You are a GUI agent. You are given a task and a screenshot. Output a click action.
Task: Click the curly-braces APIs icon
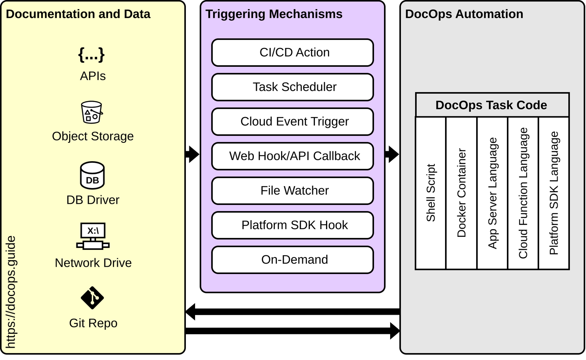click(91, 55)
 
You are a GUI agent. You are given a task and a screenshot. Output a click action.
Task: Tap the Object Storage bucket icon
click(92, 112)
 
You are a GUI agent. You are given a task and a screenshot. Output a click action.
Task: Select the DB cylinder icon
click(92, 176)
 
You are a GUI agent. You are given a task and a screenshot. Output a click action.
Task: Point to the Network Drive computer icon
click(93, 236)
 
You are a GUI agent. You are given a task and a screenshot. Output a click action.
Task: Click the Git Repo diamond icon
click(92, 297)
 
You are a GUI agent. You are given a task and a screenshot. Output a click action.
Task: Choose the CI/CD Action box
click(293, 53)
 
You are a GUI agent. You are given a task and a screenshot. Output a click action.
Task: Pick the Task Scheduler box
click(293, 87)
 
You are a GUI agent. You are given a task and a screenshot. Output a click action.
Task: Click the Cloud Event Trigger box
click(293, 122)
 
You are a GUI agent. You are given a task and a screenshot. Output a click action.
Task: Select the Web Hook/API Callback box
click(293, 156)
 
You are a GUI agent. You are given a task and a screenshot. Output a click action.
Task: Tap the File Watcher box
click(293, 191)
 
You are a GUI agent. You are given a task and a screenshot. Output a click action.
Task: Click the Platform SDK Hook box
click(293, 225)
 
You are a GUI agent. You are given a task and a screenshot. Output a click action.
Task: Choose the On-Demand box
click(293, 260)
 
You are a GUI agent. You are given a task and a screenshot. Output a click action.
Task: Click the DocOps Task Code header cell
click(492, 105)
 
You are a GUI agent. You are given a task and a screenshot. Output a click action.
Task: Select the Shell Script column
click(431, 193)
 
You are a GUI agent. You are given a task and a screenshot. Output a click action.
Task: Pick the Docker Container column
click(462, 193)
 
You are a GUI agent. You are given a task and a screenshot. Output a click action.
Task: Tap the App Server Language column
click(492, 193)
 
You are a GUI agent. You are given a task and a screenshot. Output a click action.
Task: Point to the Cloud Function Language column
click(523, 193)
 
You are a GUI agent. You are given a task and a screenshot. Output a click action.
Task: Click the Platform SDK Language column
click(554, 193)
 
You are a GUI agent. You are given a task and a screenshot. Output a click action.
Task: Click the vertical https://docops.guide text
click(11, 292)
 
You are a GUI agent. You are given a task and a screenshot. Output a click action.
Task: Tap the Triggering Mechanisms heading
click(274, 14)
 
